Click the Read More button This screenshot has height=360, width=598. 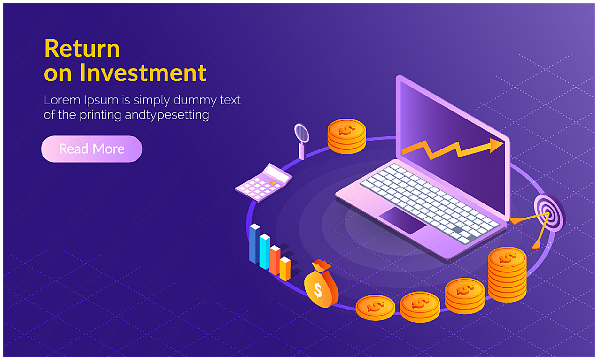coord(91,149)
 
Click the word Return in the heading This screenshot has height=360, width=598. coord(82,48)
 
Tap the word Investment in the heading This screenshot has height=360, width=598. coord(143,73)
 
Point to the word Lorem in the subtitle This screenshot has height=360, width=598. coord(62,100)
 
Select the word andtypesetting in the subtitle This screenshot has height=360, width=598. coord(167,115)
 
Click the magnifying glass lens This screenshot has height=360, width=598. coord(302,132)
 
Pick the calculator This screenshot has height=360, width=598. coord(263,183)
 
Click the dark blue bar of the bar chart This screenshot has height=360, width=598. coord(254,243)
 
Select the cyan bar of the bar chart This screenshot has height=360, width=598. coord(265,251)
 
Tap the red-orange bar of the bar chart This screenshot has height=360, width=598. coord(274,260)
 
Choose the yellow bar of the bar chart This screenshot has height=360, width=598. coord(285,269)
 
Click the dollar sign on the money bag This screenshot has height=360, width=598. coord(318,291)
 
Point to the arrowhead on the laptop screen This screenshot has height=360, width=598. coord(496,145)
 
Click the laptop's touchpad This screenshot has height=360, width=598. coord(402,220)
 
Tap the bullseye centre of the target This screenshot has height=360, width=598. coord(548,214)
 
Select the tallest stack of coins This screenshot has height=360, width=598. coord(507,275)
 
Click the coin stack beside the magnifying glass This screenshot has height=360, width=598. coord(346,137)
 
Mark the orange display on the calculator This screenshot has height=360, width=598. coord(272,183)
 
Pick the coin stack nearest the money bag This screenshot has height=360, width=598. coord(375,307)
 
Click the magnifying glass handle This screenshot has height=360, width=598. coord(302,151)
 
